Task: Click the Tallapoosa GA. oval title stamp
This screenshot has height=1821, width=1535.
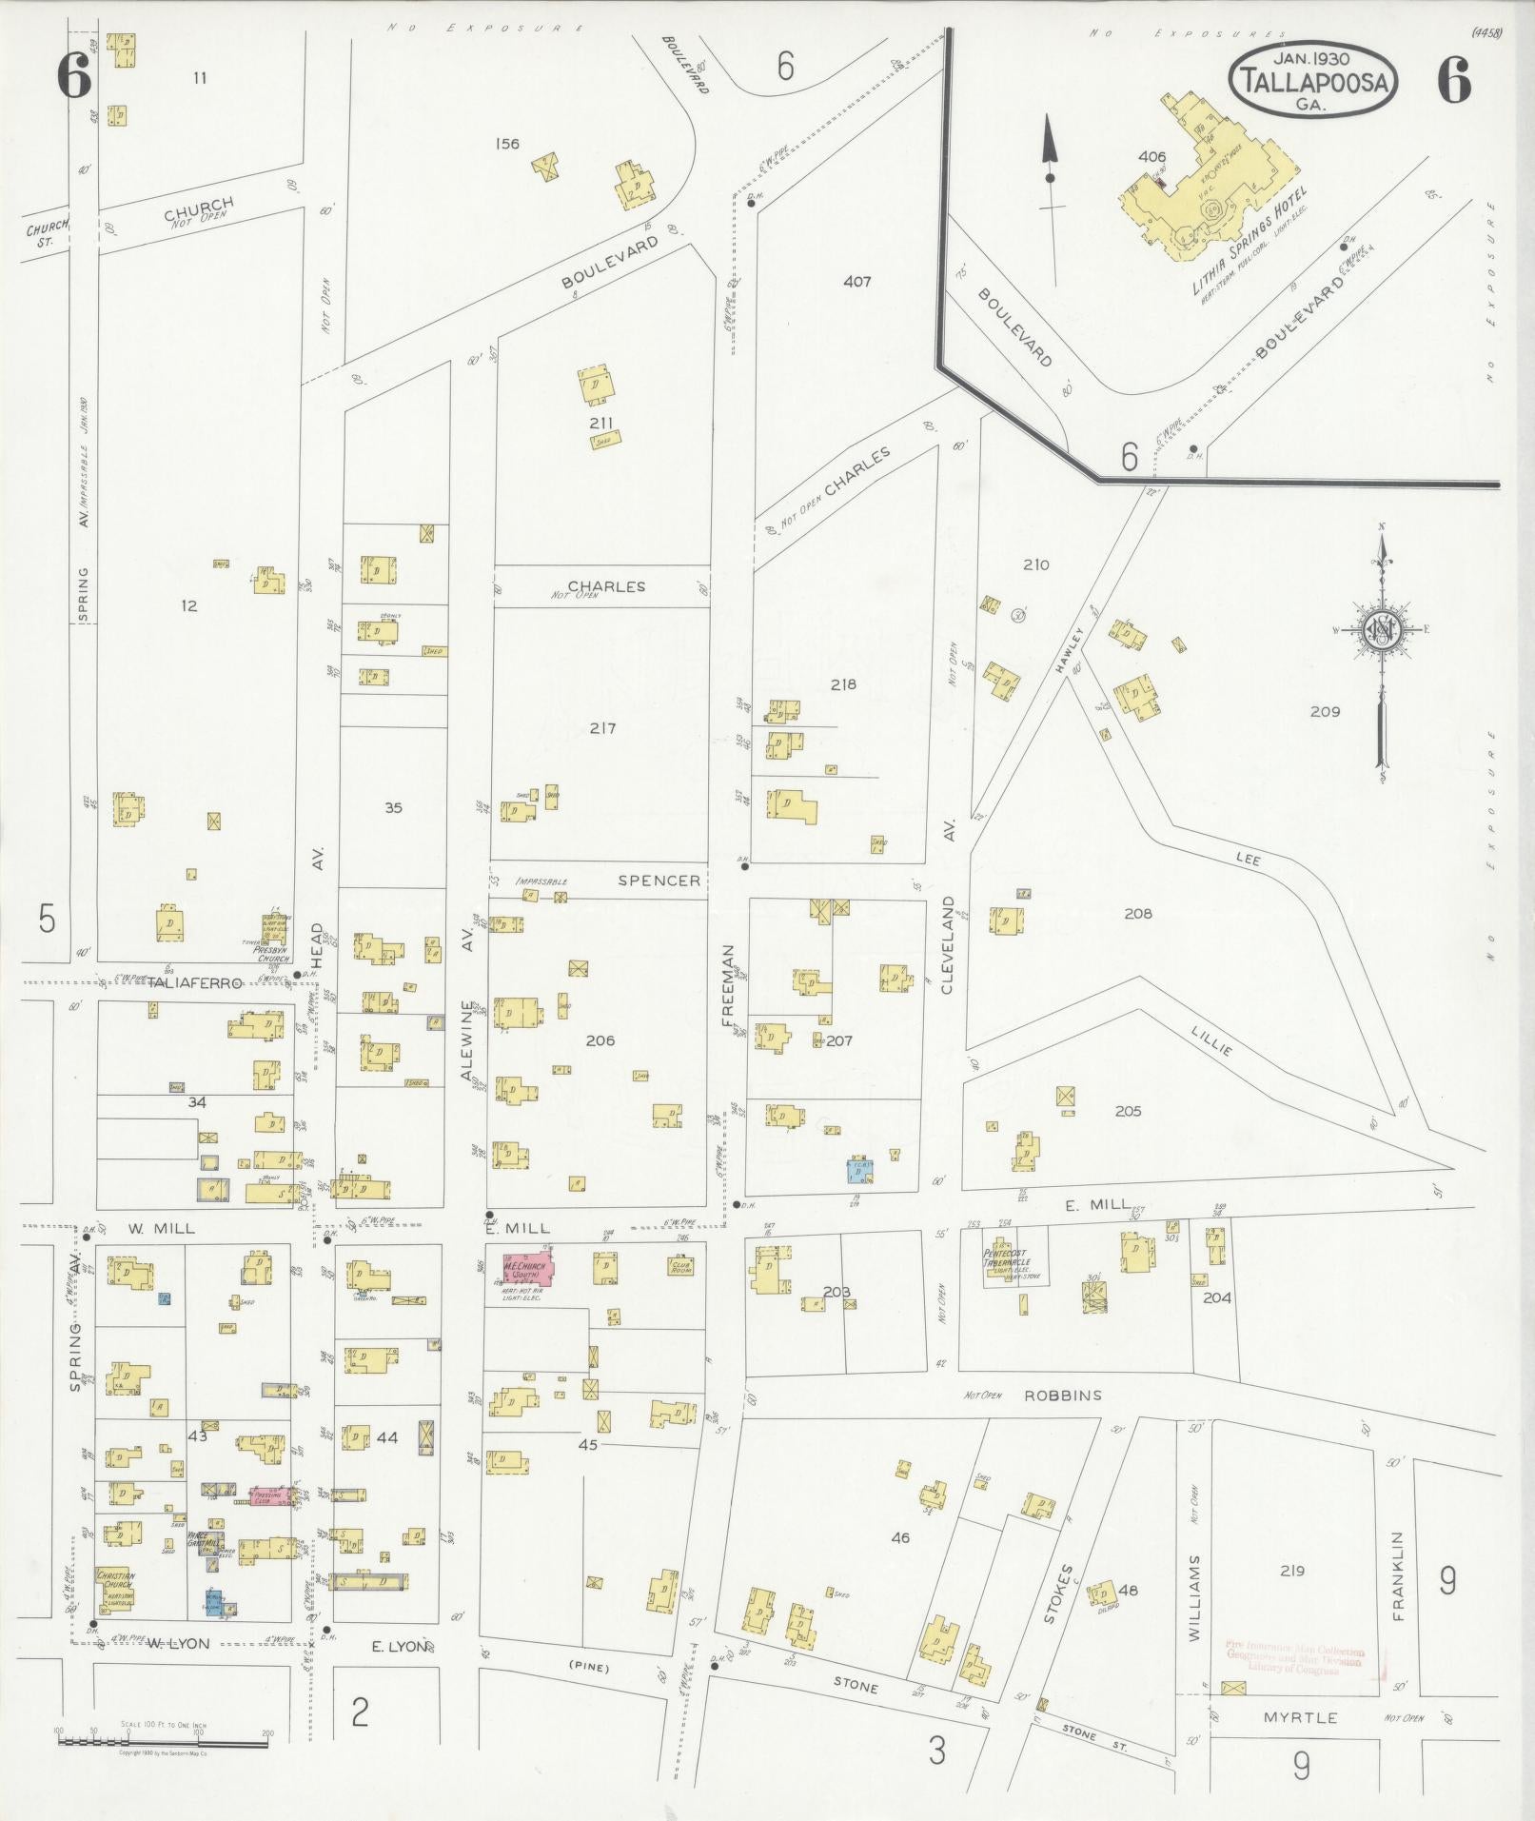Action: (1313, 80)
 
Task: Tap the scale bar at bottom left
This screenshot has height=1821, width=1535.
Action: (162, 1741)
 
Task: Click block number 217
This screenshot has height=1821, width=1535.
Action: (602, 728)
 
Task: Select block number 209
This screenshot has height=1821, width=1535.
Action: (1324, 711)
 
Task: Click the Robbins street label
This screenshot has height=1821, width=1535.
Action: (1062, 1395)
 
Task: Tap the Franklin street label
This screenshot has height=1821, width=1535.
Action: (1398, 1575)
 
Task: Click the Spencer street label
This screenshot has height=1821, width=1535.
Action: (659, 881)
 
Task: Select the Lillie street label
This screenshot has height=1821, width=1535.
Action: (1211, 1041)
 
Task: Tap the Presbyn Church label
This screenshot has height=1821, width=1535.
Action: (270, 953)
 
